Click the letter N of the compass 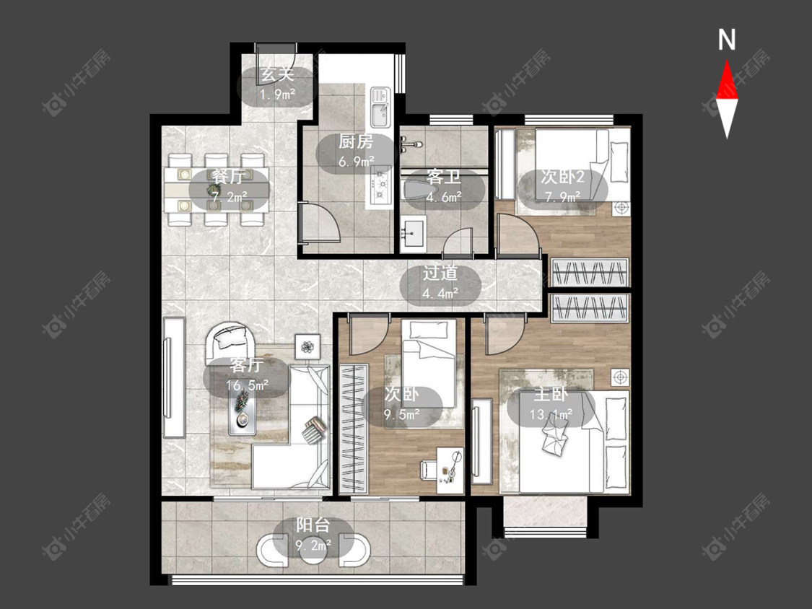point(727,40)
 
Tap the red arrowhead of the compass point(727,79)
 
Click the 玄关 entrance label point(278,74)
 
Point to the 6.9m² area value point(357,162)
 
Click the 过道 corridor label point(440,273)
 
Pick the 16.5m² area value point(247,385)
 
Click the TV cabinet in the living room point(174,377)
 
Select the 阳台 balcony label point(313,525)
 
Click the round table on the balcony point(314,550)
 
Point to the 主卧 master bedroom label point(551,395)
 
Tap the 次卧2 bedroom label point(562,177)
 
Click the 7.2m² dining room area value point(230,197)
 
